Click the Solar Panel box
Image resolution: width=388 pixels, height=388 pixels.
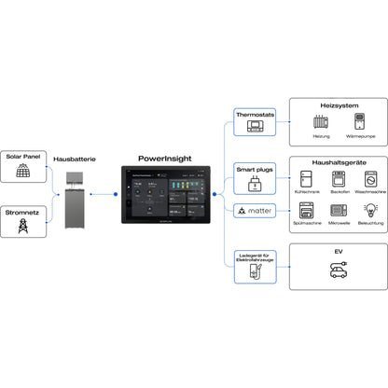[22, 163]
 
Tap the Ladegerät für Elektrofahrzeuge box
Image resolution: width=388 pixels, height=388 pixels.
[254, 266]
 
